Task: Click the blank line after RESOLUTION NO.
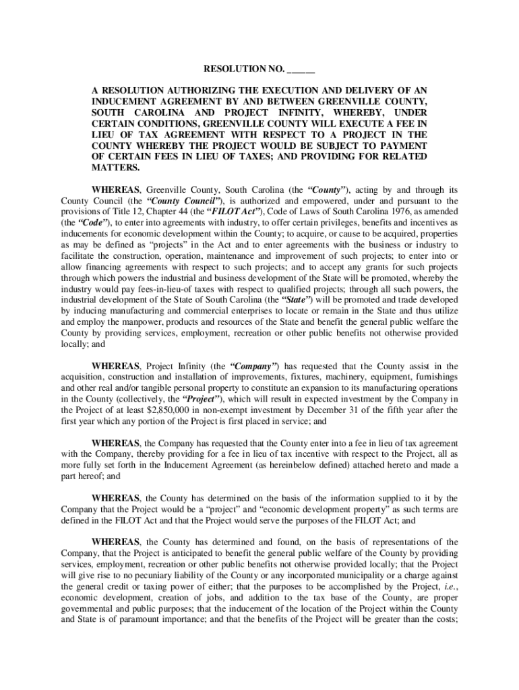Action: [301, 69]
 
